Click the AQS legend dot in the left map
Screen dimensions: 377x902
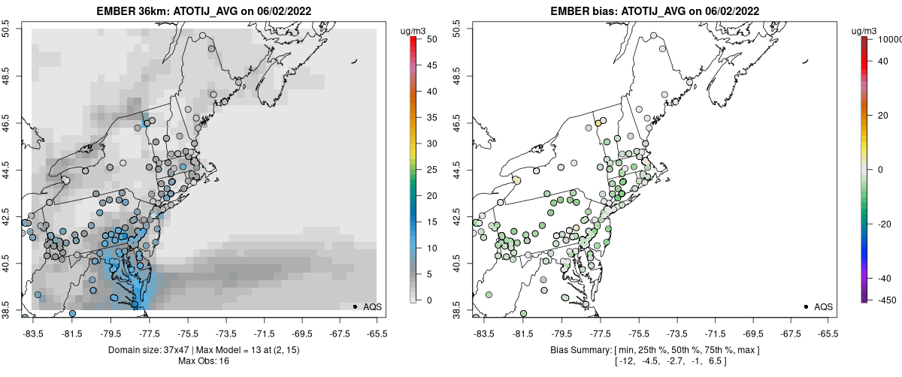(x=355, y=306)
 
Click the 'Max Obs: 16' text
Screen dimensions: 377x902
(x=203, y=361)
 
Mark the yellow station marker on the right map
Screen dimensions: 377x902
(x=598, y=123)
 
